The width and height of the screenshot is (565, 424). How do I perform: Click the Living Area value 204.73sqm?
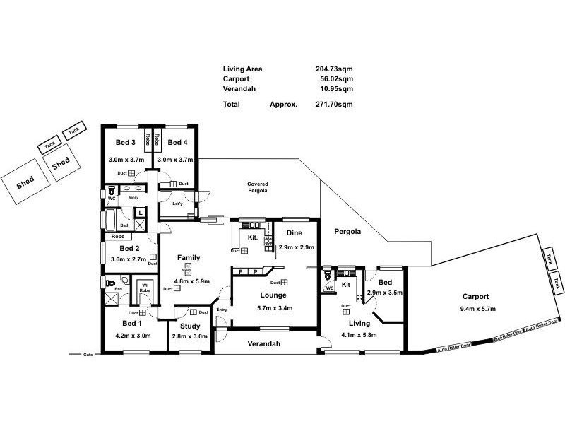[334, 69]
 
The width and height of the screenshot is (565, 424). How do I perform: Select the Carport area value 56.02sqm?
[336, 79]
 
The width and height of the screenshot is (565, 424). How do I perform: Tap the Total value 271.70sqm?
[334, 104]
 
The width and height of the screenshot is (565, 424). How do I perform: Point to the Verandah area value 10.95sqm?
[336, 89]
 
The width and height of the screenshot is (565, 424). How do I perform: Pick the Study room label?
[189, 326]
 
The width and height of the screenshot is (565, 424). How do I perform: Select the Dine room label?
[295, 232]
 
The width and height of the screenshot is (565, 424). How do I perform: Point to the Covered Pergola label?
[258, 187]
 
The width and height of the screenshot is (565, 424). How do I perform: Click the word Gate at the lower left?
[88, 354]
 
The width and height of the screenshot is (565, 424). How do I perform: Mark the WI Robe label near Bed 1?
[145, 288]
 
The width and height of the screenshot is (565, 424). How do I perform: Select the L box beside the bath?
[141, 212]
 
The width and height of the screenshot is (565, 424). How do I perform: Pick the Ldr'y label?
[178, 204]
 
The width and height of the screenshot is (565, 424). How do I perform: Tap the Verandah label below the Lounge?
[263, 344]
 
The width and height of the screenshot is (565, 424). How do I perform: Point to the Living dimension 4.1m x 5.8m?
[359, 335]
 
